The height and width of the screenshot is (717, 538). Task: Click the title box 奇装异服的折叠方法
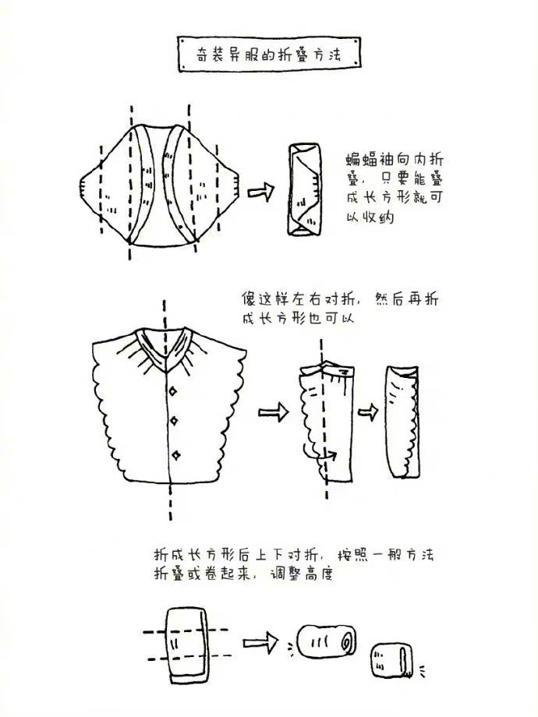269,54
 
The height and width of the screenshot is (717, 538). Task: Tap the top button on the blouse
173,391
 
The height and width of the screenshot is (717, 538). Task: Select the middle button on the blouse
175,420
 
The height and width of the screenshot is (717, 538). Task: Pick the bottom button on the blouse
176,455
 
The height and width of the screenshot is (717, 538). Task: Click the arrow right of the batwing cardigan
260,191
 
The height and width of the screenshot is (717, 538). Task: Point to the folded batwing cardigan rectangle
304,189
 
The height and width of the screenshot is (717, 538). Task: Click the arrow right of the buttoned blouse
274,412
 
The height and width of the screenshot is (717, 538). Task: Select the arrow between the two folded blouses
368,412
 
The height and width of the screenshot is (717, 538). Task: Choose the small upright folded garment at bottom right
391,661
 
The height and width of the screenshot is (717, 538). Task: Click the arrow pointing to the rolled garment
260,642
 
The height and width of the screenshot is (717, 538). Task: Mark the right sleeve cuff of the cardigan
235,186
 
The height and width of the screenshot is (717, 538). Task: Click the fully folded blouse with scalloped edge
402,422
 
